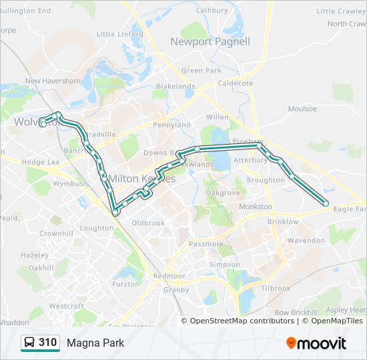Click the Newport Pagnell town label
pos(210,41)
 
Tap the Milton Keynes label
pos(141,179)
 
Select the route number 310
pos(47,343)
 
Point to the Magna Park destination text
pos(95,343)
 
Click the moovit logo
pos(316,343)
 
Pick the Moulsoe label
pos(302,109)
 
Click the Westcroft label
pos(67,306)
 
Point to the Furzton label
pos(126,284)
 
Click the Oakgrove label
pos(222,193)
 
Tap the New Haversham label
pos(52,81)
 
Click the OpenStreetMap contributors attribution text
pos(242,321)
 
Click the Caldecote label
pos(236,83)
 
